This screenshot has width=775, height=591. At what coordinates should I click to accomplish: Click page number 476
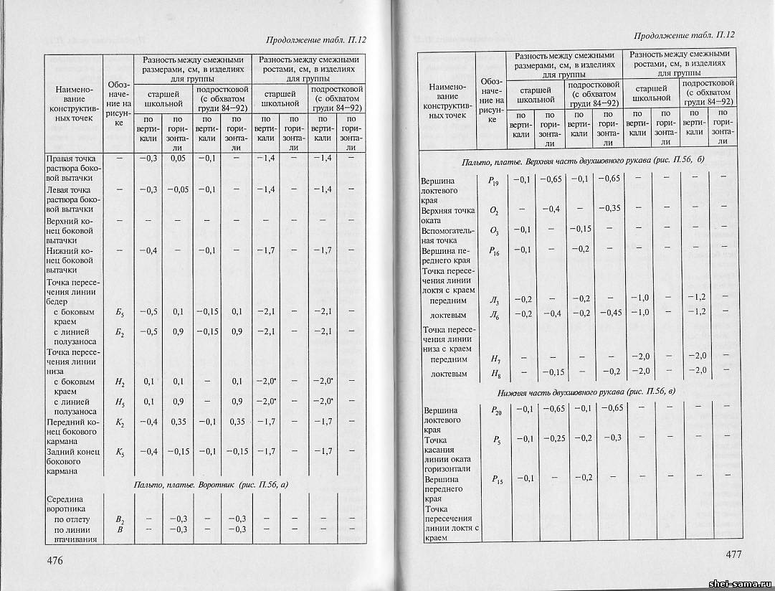pos(56,559)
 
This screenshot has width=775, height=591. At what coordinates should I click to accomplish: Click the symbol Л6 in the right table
pos(493,313)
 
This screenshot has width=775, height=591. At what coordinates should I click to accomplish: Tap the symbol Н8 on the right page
pos(494,373)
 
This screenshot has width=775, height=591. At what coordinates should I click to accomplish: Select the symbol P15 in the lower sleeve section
pos(496,481)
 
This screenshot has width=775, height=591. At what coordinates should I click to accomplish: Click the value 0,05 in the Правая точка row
pos(178,158)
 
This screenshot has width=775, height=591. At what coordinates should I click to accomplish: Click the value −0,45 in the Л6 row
pos(610,313)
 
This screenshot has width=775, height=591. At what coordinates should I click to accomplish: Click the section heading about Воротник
pos(211,486)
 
